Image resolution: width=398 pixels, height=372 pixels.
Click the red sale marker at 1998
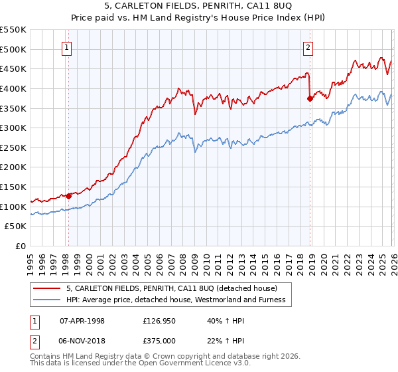click(68, 196)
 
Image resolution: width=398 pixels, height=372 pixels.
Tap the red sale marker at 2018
click(310, 98)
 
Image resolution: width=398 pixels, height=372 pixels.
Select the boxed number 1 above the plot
click(68, 47)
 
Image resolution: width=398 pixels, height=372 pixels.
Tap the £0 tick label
click(21, 246)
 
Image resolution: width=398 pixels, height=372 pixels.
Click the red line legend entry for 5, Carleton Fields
click(176, 288)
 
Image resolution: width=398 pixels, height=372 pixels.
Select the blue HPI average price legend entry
click(175, 300)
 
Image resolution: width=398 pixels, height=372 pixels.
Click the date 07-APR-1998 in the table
click(82, 320)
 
